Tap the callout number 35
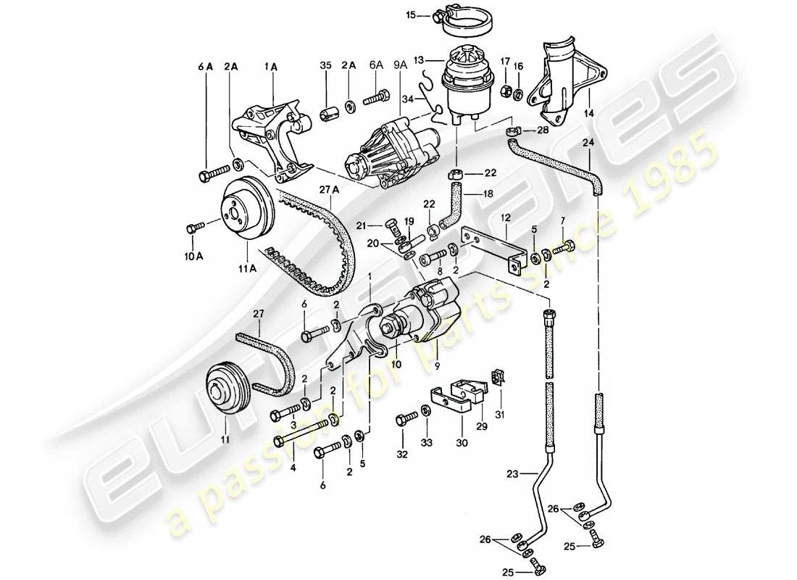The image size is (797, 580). [x=325, y=65]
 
